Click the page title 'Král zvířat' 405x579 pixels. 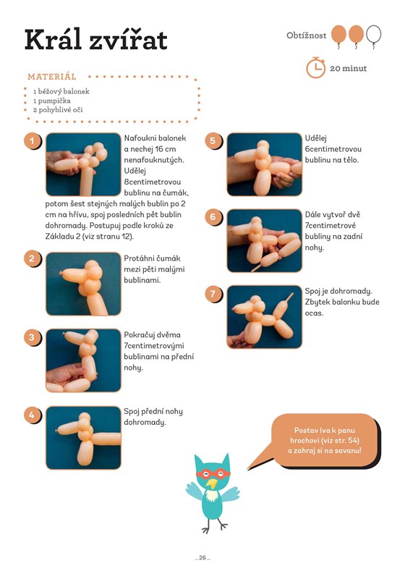(x=96, y=40)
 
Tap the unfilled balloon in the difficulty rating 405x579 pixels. (x=374, y=35)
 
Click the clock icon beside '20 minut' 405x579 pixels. (x=315, y=67)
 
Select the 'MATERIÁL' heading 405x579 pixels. (x=52, y=77)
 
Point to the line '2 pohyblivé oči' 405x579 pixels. (x=58, y=110)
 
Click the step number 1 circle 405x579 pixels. (x=32, y=140)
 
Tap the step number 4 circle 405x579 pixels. (x=32, y=415)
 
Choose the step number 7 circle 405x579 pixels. (x=213, y=294)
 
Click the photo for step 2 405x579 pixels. (x=83, y=284)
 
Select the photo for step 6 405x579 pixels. (x=264, y=241)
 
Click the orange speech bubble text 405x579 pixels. (x=325, y=440)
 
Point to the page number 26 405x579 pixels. (x=202, y=557)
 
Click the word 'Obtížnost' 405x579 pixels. (x=306, y=35)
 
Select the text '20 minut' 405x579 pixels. (x=348, y=68)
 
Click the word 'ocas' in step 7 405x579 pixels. (x=314, y=313)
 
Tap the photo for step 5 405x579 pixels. (x=264, y=164)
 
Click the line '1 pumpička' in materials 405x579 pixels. (x=51, y=101)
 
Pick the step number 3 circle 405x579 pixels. (x=32, y=337)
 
